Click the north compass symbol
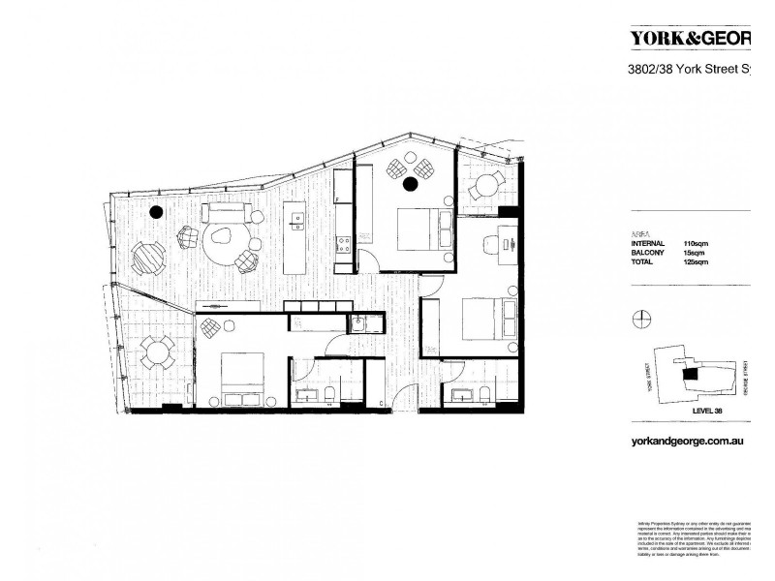(639, 319)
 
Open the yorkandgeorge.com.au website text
(686, 439)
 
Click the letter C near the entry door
(383, 401)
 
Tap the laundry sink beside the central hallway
(357, 325)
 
